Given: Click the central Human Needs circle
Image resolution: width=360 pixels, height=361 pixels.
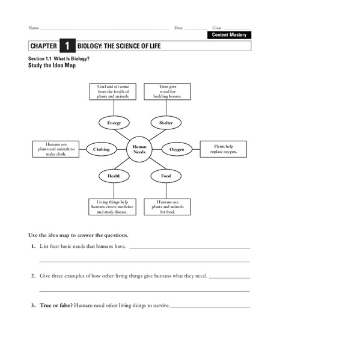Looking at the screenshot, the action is click(x=139, y=149).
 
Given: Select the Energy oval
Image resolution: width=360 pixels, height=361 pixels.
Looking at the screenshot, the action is click(x=114, y=123).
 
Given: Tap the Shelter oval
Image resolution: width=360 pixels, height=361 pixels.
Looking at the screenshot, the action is click(x=166, y=123).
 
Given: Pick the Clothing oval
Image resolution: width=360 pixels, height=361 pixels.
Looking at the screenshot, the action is click(x=102, y=149).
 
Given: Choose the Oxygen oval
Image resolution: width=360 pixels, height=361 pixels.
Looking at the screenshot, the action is click(x=177, y=149).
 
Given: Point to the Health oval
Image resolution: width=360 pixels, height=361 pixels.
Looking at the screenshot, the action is click(x=114, y=176).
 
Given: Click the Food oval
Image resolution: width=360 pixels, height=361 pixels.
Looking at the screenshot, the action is click(x=166, y=176).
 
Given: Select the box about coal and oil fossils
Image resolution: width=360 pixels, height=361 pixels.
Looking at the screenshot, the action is click(x=113, y=91).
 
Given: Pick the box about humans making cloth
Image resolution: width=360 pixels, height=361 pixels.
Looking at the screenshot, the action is click(x=55, y=149).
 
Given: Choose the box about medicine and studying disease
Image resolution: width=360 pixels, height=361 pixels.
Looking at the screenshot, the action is click(x=113, y=207).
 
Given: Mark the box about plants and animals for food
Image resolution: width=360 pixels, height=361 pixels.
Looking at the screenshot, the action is click(x=167, y=207).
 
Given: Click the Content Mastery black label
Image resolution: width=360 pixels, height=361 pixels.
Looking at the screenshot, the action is click(x=230, y=35).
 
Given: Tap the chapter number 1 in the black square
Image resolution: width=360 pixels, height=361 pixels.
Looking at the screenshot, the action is click(x=67, y=46).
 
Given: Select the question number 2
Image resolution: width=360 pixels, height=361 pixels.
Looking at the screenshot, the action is click(x=33, y=276).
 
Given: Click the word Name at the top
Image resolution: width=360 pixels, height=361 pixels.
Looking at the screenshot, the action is click(x=34, y=28).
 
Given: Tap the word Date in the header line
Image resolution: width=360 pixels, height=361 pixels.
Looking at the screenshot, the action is click(x=178, y=28).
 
